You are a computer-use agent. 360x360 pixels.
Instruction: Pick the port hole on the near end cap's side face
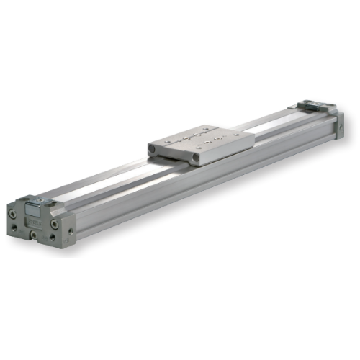coord(71,232)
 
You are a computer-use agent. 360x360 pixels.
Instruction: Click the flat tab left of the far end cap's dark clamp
coord(295,109)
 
